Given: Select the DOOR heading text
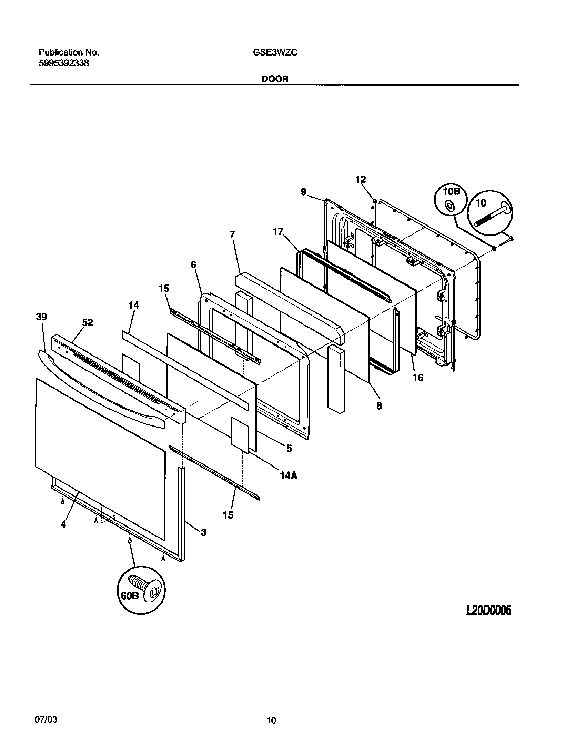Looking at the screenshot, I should click(x=275, y=79).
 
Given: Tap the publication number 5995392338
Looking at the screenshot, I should click(x=63, y=63).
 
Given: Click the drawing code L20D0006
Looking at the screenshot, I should click(x=488, y=611).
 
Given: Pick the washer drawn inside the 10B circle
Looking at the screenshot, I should click(x=449, y=206).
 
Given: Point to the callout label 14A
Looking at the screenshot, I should click(x=289, y=475).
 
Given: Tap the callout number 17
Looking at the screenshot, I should click(x=278, y=232).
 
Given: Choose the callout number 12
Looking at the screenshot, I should click(x=361, y=179).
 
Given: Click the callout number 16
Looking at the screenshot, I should click(x=418, y=378).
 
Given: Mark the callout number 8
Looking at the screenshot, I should click(x=379, y=406).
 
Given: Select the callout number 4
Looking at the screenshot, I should click(x=63, y=524).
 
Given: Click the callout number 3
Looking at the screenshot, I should click(x=203, y=532).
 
